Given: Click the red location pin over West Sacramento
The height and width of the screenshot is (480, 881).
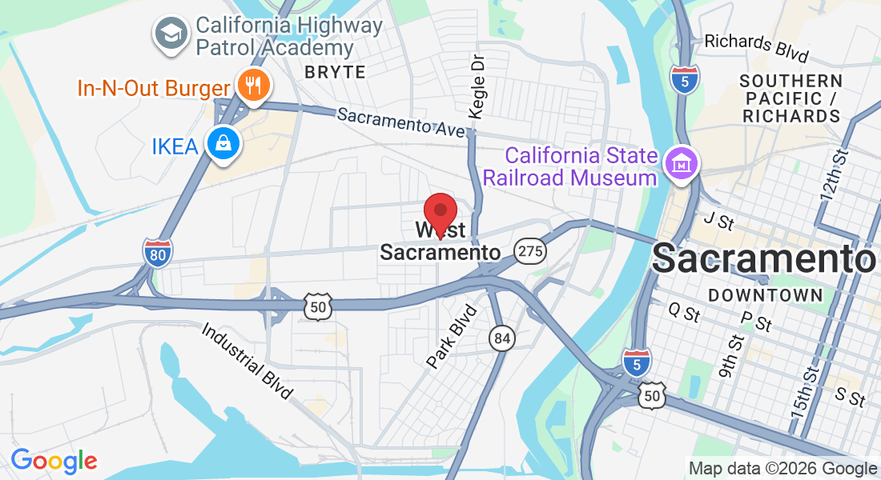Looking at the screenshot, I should (440, 211).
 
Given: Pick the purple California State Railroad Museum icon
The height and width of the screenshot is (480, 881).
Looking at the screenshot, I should (682, 163).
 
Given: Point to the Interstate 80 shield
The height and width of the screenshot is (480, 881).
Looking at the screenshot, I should (158, 253).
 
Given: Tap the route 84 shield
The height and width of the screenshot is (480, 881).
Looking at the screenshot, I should (502, 339).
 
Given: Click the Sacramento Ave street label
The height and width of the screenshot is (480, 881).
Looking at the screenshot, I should (400, 122).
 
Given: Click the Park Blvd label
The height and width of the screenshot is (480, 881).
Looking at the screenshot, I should (452, 337).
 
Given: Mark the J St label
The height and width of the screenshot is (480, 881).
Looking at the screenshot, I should (718, 220).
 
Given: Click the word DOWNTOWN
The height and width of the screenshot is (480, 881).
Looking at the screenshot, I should (766, 295).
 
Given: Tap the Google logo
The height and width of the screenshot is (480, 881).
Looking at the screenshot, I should (54, 460).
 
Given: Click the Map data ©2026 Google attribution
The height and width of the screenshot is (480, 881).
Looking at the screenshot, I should (782, 469).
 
